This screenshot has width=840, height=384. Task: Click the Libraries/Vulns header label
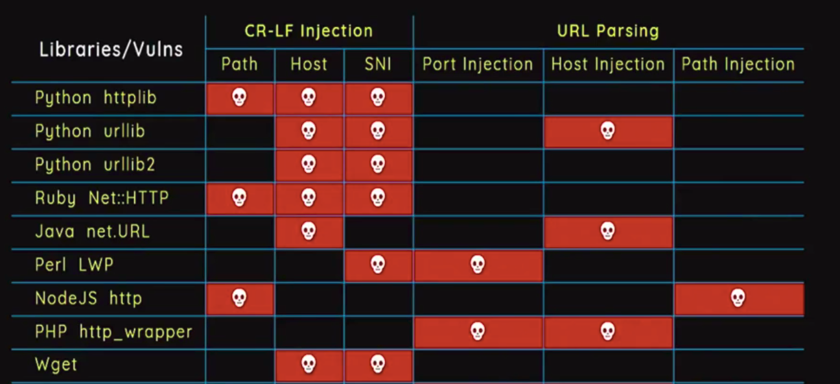click(111, 49)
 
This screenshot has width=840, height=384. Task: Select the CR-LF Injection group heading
click(309, 30)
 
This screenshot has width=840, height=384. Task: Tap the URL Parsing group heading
click(607, 30)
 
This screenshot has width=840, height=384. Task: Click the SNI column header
click(378, 64)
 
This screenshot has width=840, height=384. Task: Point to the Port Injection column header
click(478, 64)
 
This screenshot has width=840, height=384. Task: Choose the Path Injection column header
click(738, 64)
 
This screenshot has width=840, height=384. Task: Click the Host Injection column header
click(608, 64)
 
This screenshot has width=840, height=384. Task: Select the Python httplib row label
click(96, 99)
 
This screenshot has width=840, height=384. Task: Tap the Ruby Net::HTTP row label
click(102, 198)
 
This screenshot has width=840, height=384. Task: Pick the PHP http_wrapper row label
click(113, 332)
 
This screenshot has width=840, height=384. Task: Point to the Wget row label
click(56, 365)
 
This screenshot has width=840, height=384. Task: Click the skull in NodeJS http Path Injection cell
click(738, 298)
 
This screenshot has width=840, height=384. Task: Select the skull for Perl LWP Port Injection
click(478, 265)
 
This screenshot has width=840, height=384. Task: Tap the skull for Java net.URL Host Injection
click(607, 231)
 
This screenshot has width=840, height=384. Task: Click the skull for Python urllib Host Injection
click(607, 131)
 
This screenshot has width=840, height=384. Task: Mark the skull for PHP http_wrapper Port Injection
click(478, 331)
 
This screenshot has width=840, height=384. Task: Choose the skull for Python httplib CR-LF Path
click(239, 98)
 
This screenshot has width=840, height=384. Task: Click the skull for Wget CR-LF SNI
click(378, 365)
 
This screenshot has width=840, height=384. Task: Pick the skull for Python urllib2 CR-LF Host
click(309, 165)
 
